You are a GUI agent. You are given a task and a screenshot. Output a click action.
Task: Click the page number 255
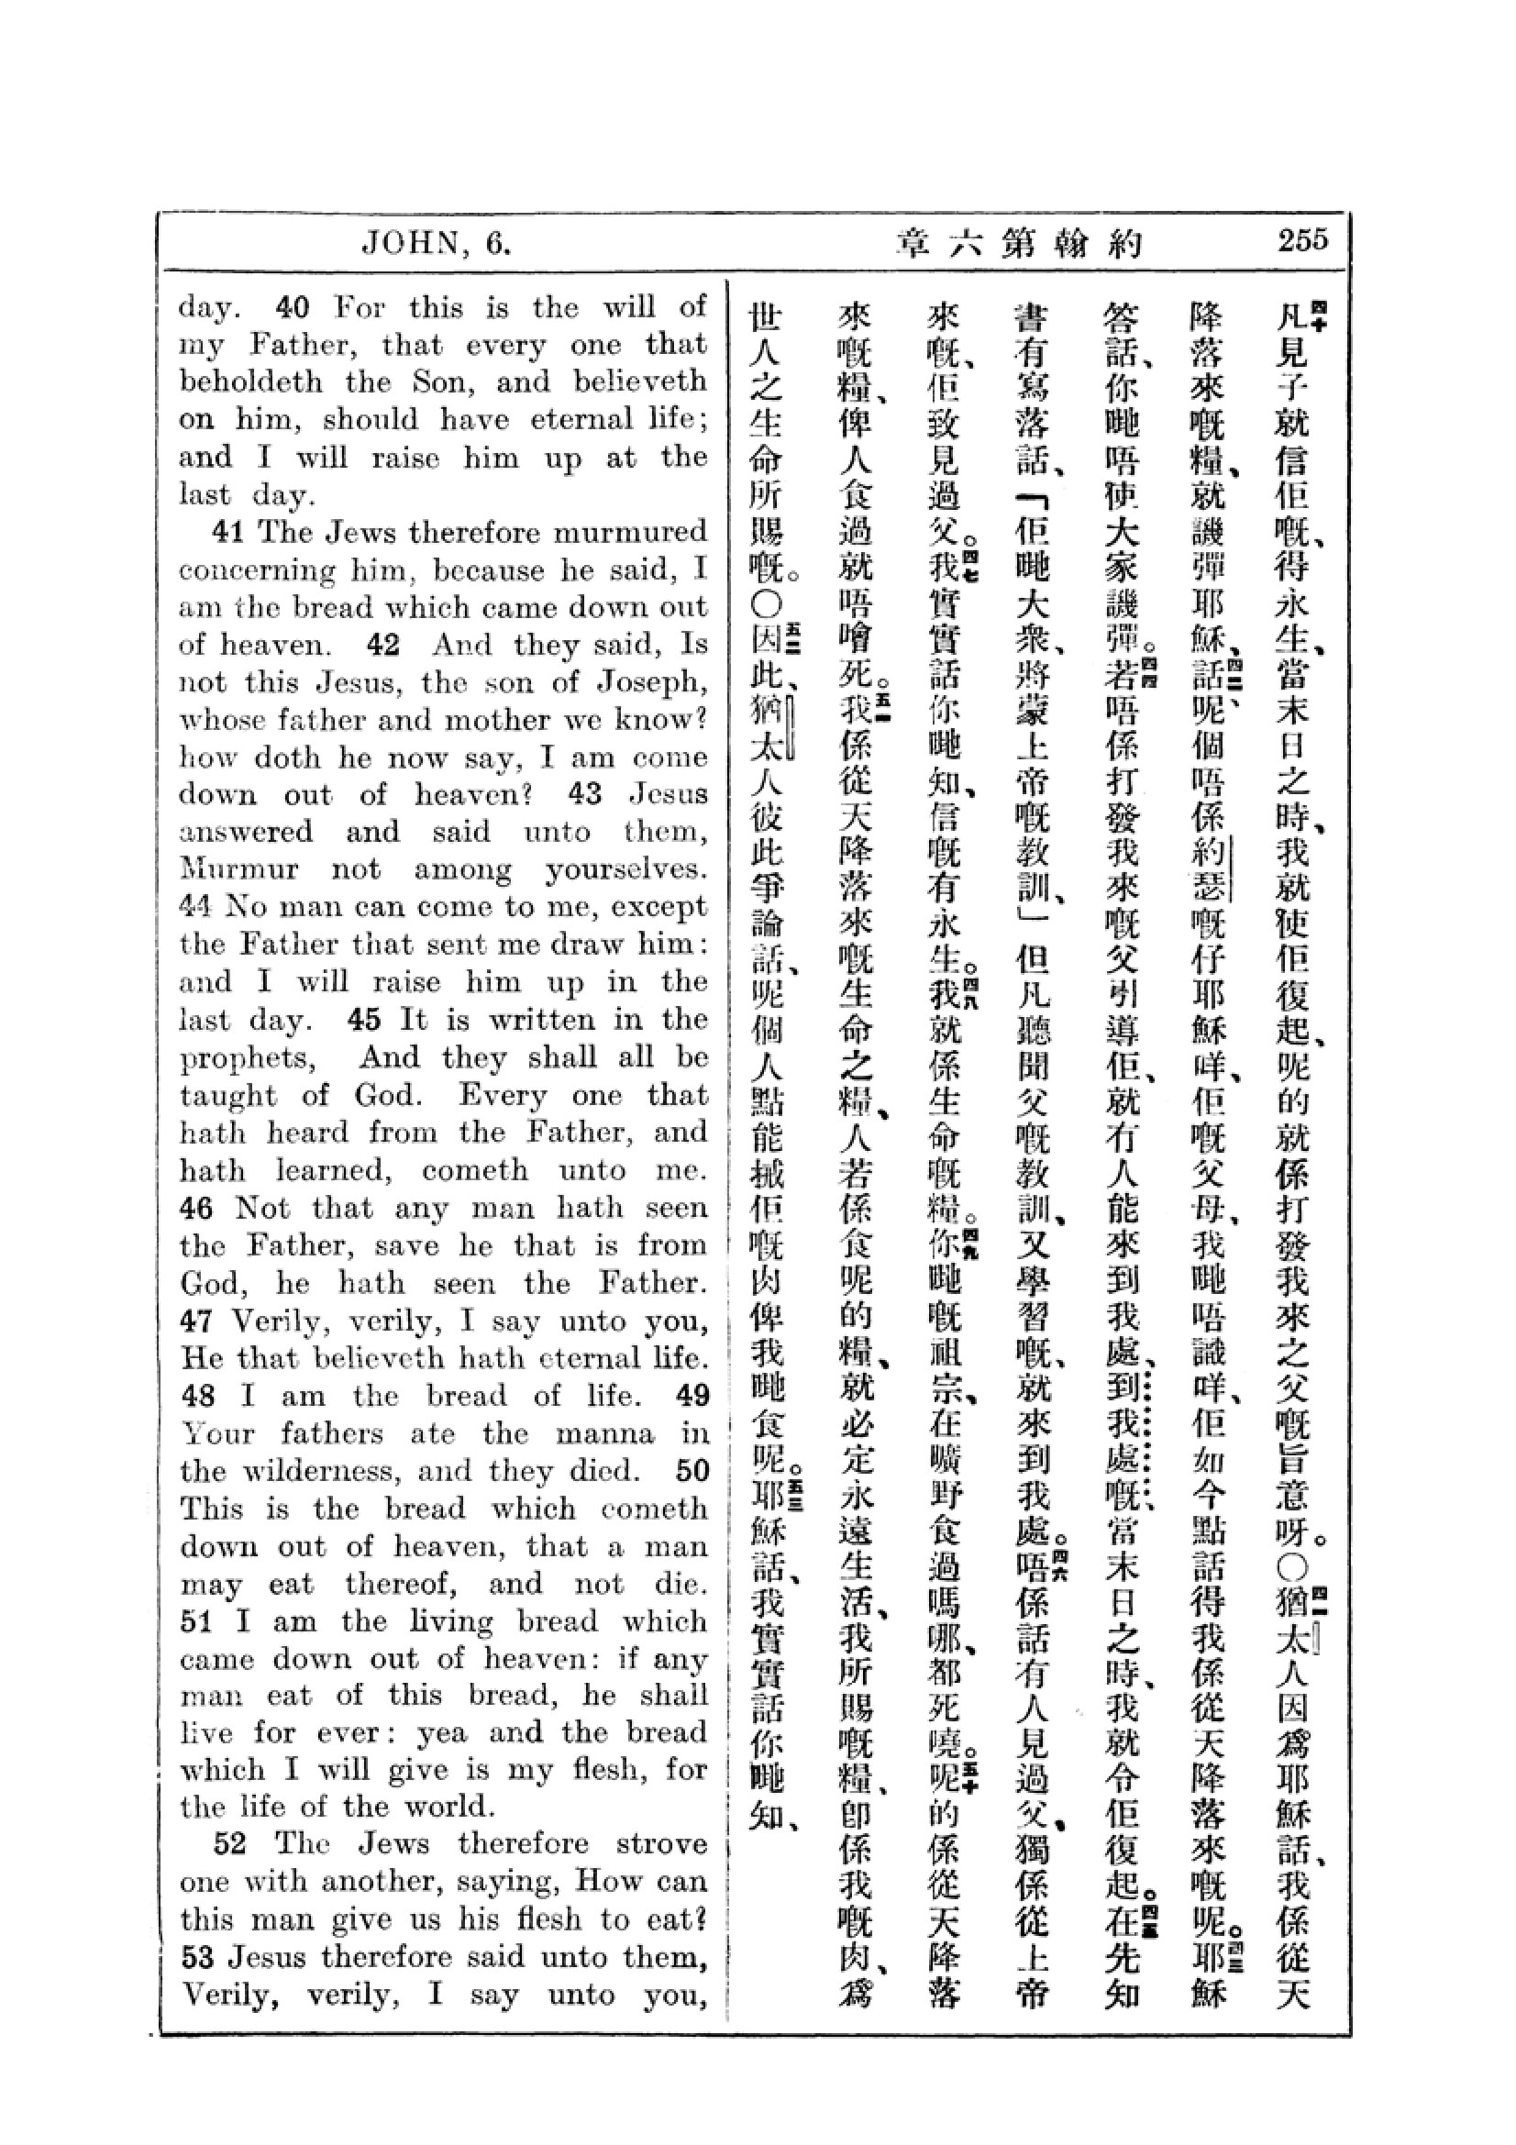[1302, 240]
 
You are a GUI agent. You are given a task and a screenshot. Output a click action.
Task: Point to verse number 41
[228, 533]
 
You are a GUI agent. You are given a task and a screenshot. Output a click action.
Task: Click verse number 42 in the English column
[383, 645]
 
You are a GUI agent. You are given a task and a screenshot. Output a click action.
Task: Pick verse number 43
[585, 794]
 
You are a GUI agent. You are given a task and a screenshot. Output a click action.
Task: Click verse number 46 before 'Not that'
[197, 1208]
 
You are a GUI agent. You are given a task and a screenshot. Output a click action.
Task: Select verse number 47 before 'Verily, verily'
[197, 1321]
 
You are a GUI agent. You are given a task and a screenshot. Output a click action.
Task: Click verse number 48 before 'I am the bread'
[197, 1397]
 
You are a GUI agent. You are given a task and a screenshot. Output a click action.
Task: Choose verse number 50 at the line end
[692, 1471]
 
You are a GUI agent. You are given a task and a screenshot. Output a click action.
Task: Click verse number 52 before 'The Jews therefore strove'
[230, 1843]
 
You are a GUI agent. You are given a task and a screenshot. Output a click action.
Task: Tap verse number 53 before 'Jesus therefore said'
[197, 1956]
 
